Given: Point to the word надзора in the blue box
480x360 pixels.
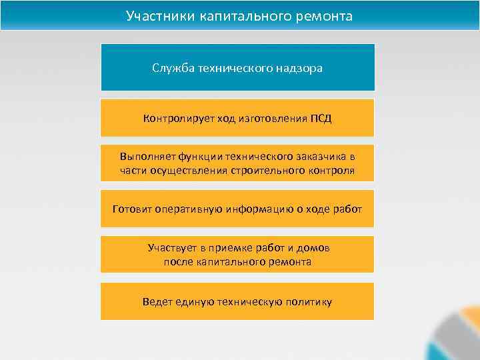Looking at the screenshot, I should [x=299, y=68].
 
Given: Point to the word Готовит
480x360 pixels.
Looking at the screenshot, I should [x=131, y=209].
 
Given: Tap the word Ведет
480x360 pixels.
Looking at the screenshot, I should [x=156, y=301].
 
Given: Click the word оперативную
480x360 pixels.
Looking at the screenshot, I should [x=186, y=209].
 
